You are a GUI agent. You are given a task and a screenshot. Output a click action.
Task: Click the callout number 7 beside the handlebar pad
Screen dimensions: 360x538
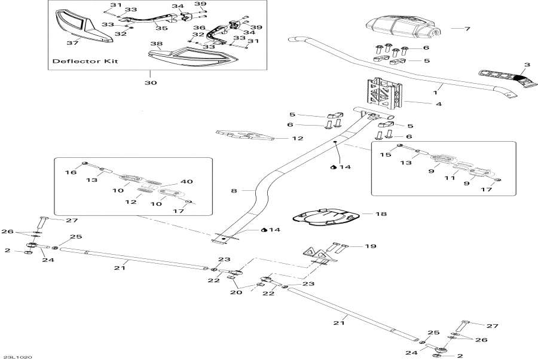(467, 29)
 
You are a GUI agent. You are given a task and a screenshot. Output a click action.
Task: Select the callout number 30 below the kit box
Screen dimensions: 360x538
(150, 83)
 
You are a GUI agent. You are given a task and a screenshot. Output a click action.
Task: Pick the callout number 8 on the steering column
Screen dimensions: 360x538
(234, 191)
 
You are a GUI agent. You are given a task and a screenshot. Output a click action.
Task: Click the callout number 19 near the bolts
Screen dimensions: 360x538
(370, 246)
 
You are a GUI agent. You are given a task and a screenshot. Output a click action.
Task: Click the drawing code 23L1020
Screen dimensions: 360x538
(20, 356)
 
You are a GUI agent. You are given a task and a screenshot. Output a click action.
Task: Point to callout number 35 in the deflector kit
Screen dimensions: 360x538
(161, 27)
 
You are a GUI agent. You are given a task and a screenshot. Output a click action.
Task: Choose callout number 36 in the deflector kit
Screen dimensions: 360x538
(199, 28)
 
